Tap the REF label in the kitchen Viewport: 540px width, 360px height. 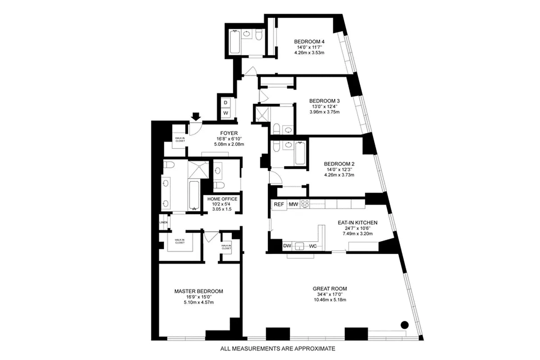click(x=279, y=205)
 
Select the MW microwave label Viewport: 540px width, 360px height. click(x=293, y=205)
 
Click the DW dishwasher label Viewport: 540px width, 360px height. click(x=287, y=246)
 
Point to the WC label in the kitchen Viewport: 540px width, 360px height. click(x=313, y=246)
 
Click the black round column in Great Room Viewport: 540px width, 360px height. click(x=404, y=324)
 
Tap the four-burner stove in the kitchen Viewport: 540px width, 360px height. click(x=305, y=204)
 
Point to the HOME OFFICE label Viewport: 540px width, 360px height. click(x=222, y=199)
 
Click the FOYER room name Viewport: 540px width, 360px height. click(x=229, y=133)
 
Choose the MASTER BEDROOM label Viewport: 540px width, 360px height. click(x=198, y=291)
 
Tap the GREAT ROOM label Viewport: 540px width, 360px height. click(x=330, y=288)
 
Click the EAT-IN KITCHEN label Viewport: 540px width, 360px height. click(x=357, y=222)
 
